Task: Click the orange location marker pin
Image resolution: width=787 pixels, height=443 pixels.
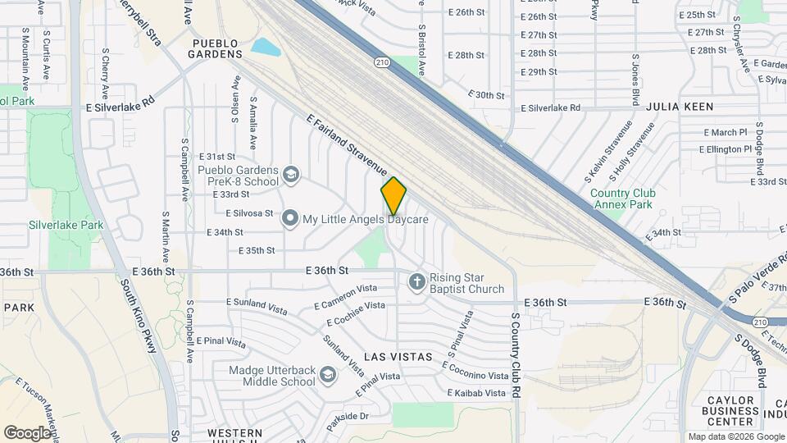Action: (393, 195)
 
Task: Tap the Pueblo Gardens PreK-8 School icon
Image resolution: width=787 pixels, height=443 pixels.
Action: (290, 175)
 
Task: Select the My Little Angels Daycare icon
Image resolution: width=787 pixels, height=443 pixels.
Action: (290, 219)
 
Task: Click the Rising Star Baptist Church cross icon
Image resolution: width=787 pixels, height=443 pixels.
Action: (416, 282)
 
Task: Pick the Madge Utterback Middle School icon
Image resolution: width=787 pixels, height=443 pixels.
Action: (328, 375)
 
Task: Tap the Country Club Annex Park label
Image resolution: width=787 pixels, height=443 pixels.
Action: (621, 199)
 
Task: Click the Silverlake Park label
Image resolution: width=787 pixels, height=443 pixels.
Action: (66, 225)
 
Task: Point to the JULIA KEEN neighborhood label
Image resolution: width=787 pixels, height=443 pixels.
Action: (680, 107)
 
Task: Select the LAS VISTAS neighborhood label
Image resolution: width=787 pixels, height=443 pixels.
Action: (398, 357)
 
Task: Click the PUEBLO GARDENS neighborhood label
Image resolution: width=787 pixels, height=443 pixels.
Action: (216, 48)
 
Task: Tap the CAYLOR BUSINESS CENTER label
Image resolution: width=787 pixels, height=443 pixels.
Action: (730, 410)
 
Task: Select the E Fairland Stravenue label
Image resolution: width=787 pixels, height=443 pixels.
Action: (346, 144)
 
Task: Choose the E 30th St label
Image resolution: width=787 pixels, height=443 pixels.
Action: (487, 95)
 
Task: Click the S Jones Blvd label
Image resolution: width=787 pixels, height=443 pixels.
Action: (635, 81)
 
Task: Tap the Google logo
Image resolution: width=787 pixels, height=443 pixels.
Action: (28, 432)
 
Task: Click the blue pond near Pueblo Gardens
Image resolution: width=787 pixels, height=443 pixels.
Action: (265, 47)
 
